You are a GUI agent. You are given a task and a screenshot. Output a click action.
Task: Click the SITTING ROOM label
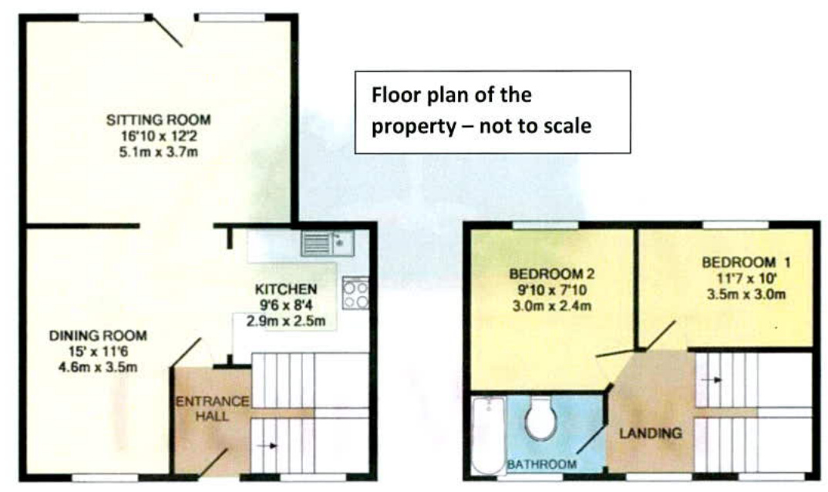[158, 120]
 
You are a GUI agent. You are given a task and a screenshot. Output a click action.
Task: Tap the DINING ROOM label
[98, 336]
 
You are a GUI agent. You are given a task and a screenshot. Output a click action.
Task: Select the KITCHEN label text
[286, 289]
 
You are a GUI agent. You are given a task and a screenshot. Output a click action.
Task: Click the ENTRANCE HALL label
[212, 409]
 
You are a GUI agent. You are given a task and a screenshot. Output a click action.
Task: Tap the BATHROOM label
[541, 464]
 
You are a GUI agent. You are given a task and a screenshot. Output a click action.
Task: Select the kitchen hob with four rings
[355, 293]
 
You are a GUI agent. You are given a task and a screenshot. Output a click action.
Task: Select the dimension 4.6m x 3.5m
[98, 367]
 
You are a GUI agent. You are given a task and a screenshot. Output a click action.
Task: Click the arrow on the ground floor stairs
[268, 445]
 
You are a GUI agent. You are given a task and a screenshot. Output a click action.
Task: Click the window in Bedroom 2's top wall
[545, 224]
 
